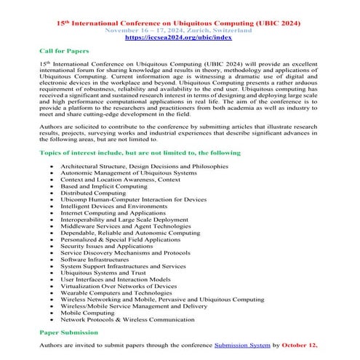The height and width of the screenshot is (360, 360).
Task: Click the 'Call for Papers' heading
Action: pyautogui.click(x=64, y=52)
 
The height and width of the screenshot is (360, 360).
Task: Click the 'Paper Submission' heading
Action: pyautogui.click(x=68, y=330)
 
